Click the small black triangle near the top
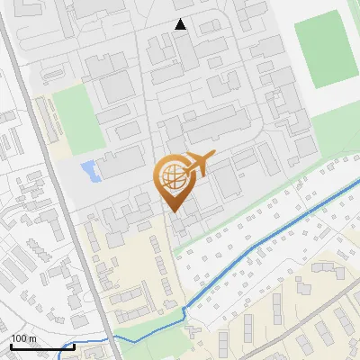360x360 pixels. point(181,25)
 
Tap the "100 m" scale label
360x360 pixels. point(23,338)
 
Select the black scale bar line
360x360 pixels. point(40,346)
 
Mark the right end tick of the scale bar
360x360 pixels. point(74,346)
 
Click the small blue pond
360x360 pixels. point(88,169)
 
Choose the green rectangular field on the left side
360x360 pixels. point(73,120)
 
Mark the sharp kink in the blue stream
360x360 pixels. point(184,310)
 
